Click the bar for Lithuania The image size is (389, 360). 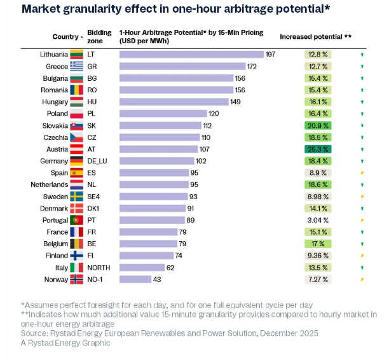point(191,54)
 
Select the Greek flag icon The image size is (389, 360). point(77,66)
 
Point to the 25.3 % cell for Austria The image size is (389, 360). point(318,149)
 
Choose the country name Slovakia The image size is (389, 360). point(55,125)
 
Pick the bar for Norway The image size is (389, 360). point(135,279)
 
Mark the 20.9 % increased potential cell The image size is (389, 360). point(318,125)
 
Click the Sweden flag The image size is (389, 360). point(77,197)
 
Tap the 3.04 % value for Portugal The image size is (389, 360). point(318,220)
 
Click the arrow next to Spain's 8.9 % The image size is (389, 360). point(362,173)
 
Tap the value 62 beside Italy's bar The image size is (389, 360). point(170,267)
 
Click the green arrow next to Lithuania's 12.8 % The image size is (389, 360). point(362,55)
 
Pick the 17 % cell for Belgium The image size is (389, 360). point(318,244)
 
